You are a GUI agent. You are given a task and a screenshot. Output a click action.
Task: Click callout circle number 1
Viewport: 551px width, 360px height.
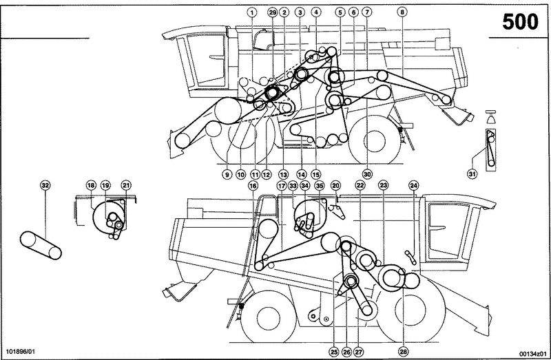click(x=253, y=12)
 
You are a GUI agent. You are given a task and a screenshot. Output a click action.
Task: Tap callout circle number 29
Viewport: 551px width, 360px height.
click(x=272, y=12)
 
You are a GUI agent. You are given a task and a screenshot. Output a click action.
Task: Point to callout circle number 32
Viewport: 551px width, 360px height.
click(x=45, y=185)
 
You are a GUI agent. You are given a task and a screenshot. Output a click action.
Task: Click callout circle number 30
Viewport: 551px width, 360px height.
click(x=367, y=175)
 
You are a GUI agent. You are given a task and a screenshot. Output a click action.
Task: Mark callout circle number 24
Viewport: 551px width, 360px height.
click(x=414, y=185)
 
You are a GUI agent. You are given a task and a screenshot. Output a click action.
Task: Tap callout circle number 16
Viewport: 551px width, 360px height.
click(x=253, y=185)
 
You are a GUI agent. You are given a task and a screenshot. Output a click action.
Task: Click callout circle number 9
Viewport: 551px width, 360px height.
click(x=226, y=175)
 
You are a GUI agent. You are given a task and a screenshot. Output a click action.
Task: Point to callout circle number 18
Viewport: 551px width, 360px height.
click(x=91, y=185)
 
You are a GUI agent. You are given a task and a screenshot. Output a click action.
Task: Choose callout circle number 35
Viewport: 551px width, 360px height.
click(x=320, y=185)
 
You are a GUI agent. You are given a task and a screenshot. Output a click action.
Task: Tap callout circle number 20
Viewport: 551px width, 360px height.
click(x=336, y=185)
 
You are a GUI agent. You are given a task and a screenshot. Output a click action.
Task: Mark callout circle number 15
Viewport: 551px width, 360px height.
click(x=316, y=175)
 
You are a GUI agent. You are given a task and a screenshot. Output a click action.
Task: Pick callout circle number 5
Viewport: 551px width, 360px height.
click(x=340, y=12)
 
